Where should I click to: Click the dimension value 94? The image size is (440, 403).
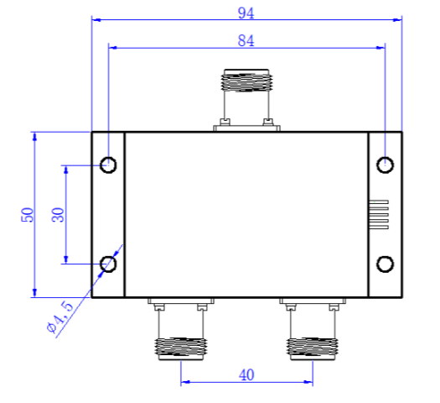point(246,13)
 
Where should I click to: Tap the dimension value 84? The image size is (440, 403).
point(246,41)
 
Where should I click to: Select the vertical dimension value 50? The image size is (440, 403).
point(28,215)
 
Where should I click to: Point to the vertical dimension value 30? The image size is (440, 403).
point(58,215)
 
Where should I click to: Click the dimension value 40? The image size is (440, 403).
point(246,375)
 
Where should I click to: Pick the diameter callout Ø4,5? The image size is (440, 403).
point(60,317)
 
